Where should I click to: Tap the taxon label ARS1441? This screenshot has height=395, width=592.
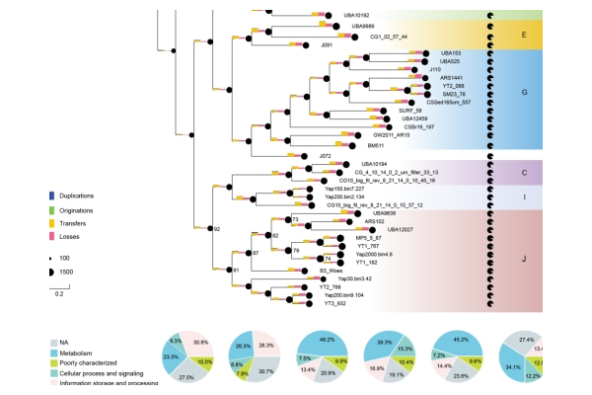coord(453,77)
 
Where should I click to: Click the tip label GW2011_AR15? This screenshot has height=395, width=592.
coord(384,135)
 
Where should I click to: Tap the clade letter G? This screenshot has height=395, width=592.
coord(524,91)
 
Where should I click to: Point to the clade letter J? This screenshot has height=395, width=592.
coord(523,259)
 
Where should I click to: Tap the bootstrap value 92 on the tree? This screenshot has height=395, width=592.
coord(216,228)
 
